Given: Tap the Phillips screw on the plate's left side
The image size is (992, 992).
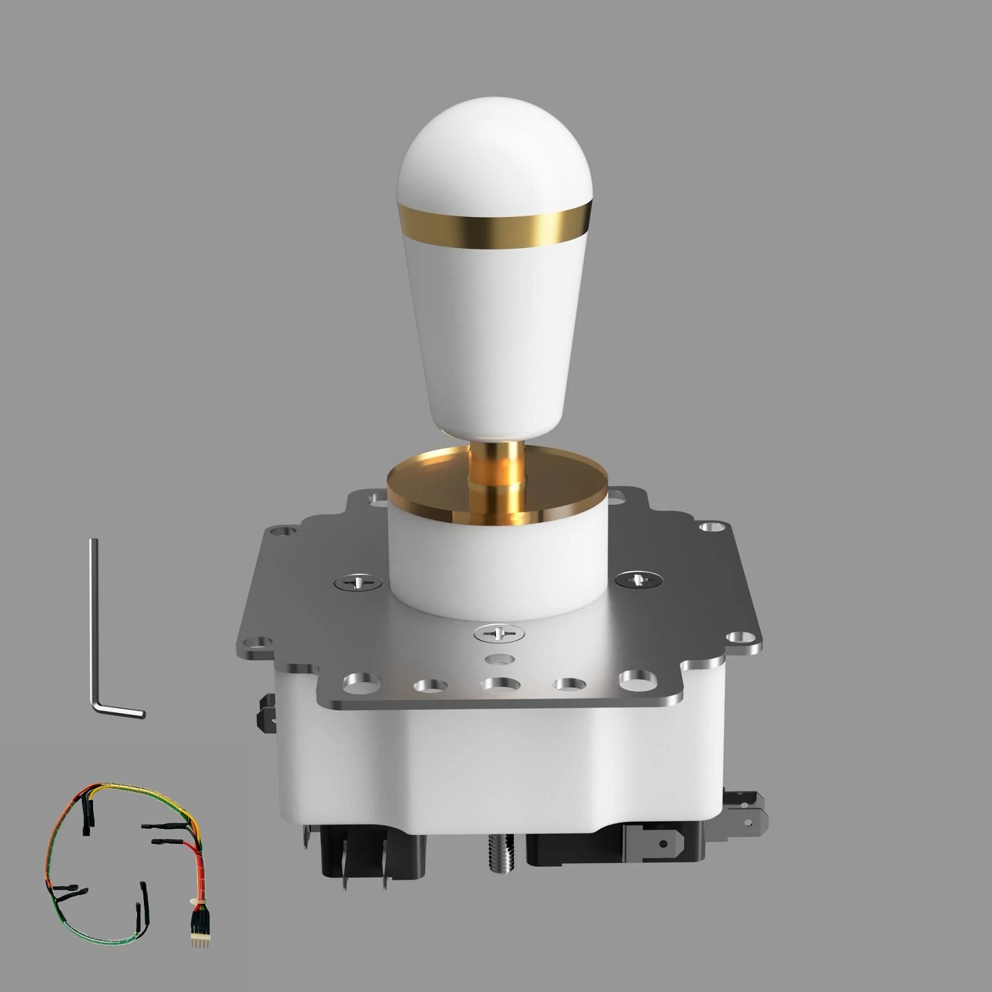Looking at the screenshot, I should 358,583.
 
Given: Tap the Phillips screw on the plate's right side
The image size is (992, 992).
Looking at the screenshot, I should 639,579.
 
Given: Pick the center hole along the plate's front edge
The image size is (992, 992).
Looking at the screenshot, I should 500,684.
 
